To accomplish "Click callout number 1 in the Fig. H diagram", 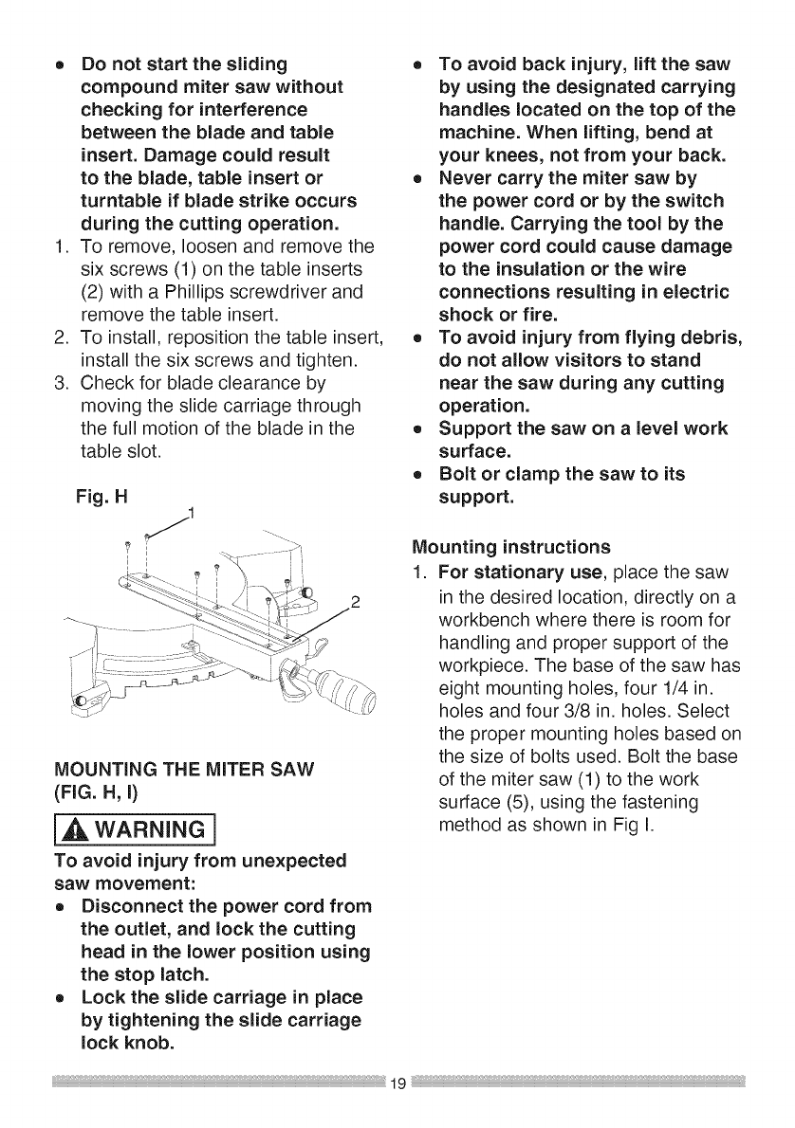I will tap(190, 514).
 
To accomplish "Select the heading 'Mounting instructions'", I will tap(511, 547).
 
